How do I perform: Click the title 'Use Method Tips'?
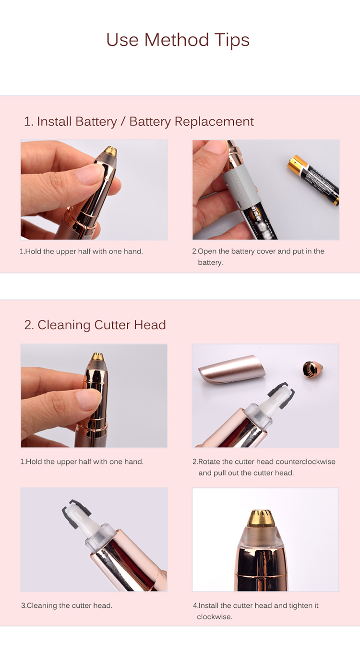tap(178, 40)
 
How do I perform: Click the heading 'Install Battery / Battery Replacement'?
tap(139, 121)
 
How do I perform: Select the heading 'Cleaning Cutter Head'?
tap(95, 325)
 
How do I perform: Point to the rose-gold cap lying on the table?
tap(233, 370)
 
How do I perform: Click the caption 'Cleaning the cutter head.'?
tap(67, 605)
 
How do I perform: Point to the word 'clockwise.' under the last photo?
tap(215, 616)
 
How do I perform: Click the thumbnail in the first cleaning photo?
tap(89, 400)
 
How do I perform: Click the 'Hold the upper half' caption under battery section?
tap(81, 251)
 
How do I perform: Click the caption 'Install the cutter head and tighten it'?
tap(256, 605)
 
